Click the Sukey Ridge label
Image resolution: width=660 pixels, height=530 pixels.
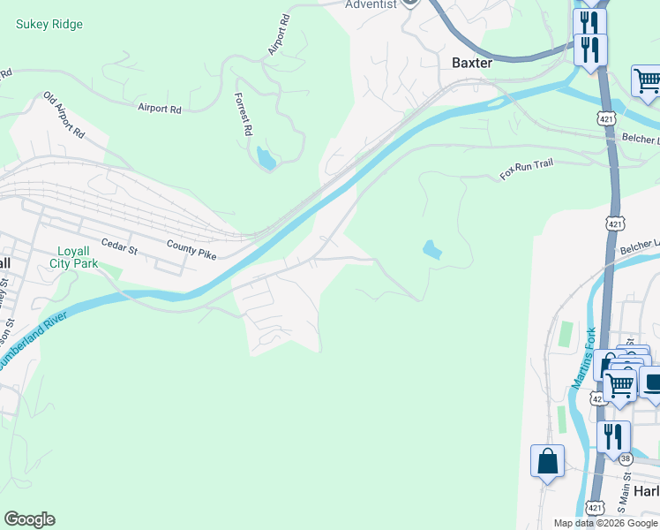pyautogui.click(x=49, y=24)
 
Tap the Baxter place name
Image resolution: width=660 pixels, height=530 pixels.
pyautogui.click(x=471, y=63)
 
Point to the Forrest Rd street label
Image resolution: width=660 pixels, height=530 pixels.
pyautogui.click(x=243, y=114)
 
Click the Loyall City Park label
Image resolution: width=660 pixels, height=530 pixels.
pyautogui.click(x=74, y=256)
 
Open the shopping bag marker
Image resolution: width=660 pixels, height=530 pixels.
pyautogui.click(x=547, y=460)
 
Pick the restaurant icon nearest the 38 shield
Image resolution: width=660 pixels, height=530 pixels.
pyautogui.click(x=613, y=436)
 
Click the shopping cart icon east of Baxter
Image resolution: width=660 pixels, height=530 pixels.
pyautogui.click(x=647, y=80)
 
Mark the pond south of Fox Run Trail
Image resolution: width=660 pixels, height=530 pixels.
pyautogui.click(x=432, y=249)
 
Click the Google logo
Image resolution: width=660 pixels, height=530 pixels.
pyautogui.click(x=29, y=519)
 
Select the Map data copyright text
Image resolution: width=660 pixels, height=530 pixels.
pyautogui.click(x=604, y=523)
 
